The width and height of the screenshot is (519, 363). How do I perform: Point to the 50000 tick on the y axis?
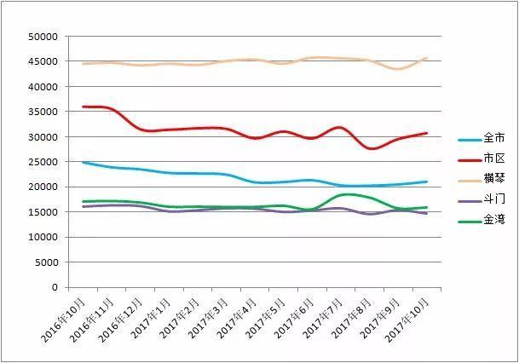[x=42, y=37]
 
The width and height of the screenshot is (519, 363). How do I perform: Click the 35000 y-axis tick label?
[x=42, y=112]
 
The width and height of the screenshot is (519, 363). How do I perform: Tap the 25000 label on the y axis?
[x=42, y=162]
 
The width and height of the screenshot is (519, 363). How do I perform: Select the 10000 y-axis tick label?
[x=42, y=237]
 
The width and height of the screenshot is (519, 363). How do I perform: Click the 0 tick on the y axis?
[x=53, y=287]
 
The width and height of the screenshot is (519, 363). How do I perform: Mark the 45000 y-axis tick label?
[x=42, y=61]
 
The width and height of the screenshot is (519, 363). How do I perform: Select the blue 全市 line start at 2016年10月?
[x=83, y=162]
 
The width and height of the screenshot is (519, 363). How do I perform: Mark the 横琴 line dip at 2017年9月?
[x=397, y=69]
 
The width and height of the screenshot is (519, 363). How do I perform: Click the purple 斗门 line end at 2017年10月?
[x=427, y=213]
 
